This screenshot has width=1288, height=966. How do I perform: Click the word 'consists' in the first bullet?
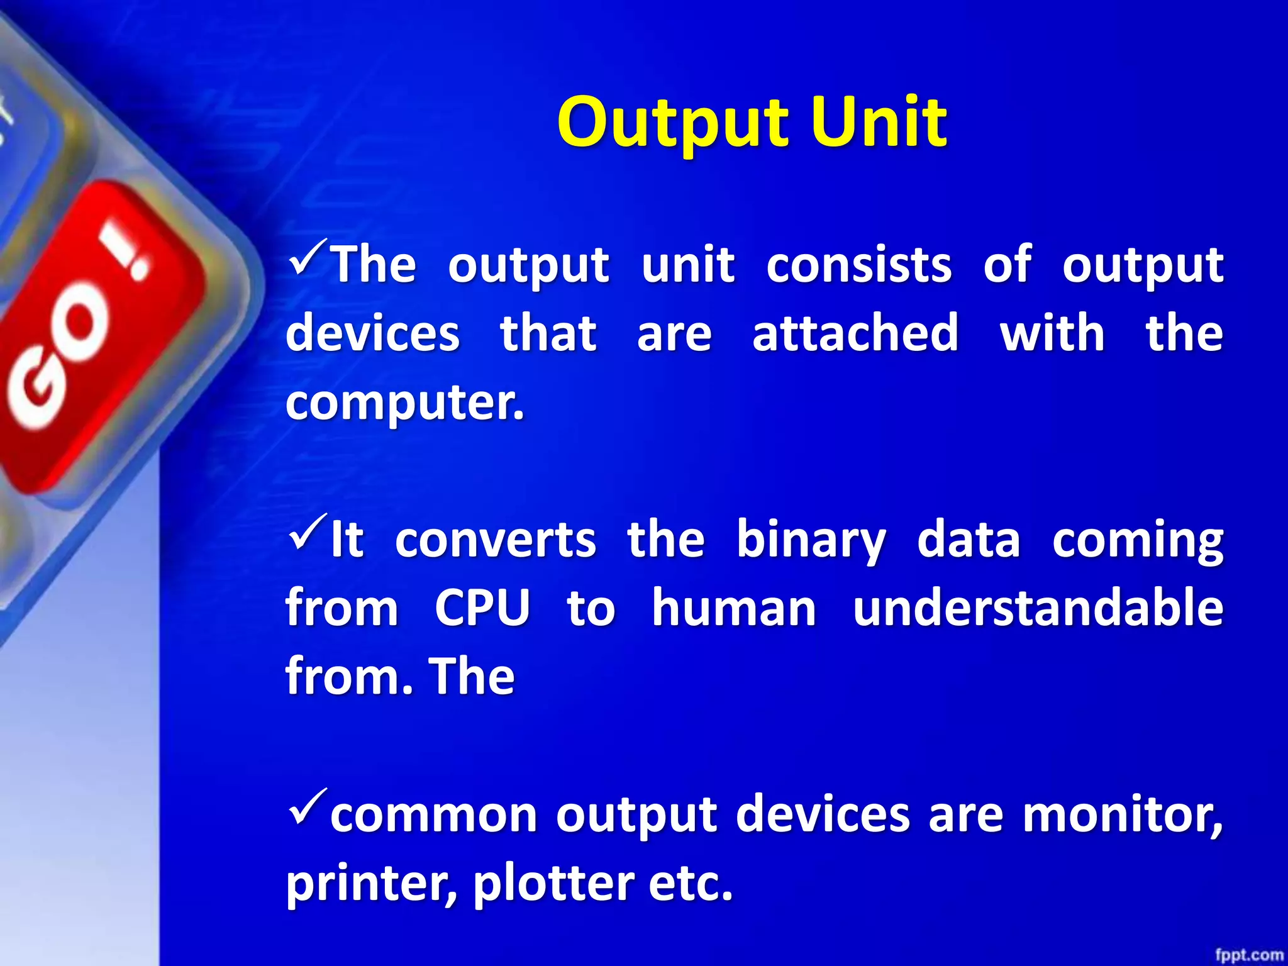tap(858, 264)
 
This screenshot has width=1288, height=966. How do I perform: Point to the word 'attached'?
tap(855, 333)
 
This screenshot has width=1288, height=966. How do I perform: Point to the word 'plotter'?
tap(553, 884)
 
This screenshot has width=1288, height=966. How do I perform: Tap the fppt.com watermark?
tap(1248, 955)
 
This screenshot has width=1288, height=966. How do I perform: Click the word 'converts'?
tap(495, 540)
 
